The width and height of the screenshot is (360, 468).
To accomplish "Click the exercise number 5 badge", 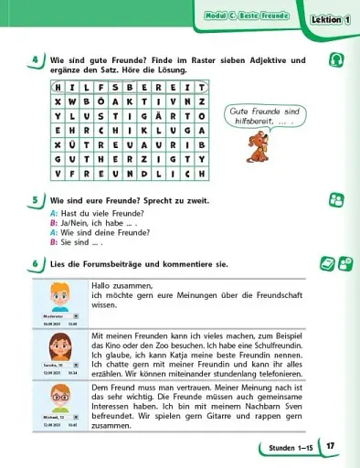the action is [x=34, y=199].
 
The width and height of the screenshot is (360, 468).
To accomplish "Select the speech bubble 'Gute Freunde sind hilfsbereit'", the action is [x=259, y=117].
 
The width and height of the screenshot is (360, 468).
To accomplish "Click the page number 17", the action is [x=331, y=447].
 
